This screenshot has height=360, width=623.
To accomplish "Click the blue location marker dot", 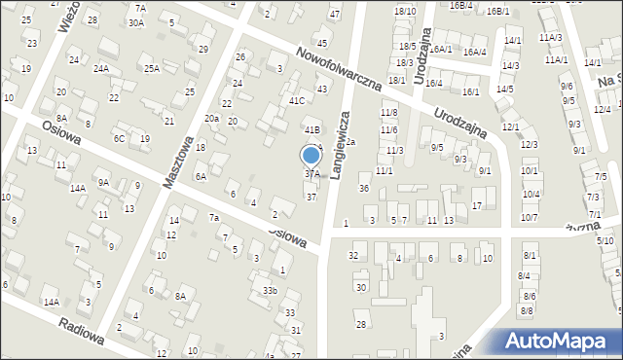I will coord(311,155).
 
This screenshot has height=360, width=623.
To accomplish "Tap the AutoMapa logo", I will coord(562,341).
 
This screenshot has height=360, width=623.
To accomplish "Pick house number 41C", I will coord(297,100).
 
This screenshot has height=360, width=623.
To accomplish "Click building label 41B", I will coord(311,129).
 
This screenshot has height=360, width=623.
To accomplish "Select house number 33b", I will coord(271,290).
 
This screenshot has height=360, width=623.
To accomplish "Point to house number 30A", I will coord(135,22).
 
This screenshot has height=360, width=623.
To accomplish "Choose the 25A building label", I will coord(152,68).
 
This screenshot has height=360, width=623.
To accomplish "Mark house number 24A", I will coord(100,69).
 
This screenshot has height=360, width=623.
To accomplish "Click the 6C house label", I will coord(119,138).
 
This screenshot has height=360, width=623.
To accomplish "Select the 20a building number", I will coord(211,118).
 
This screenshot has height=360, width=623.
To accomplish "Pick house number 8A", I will coord(180,297).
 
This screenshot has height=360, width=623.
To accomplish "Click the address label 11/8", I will coord(388,113).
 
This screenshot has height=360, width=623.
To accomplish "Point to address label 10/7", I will coord(529,217).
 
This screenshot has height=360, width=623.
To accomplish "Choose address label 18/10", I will coord(405,11).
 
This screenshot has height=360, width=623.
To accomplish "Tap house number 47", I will coord(335,14).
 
